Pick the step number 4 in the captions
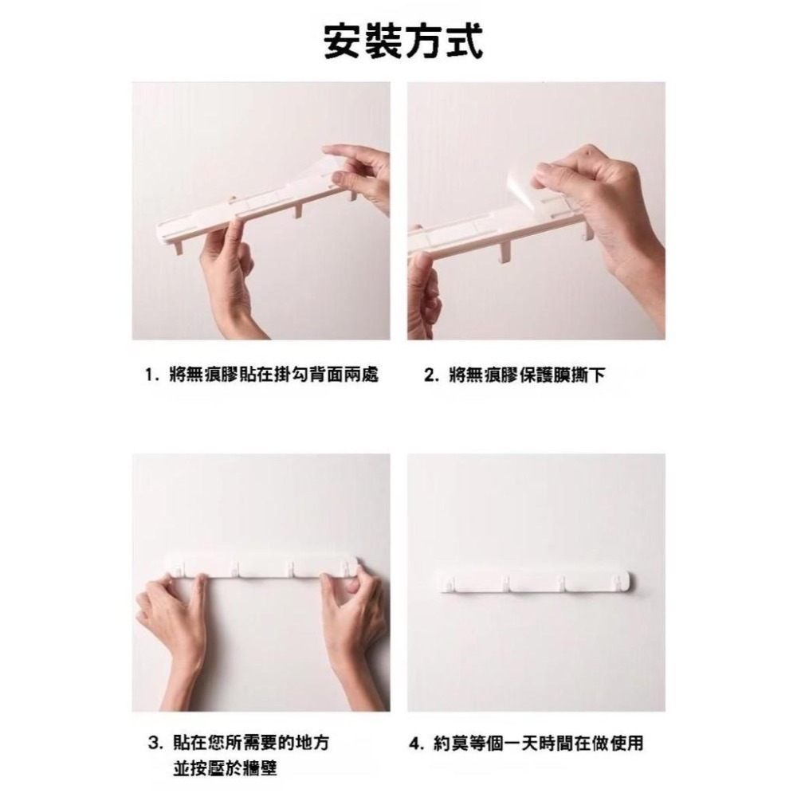pos(414,744)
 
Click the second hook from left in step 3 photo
pos(237,567)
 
